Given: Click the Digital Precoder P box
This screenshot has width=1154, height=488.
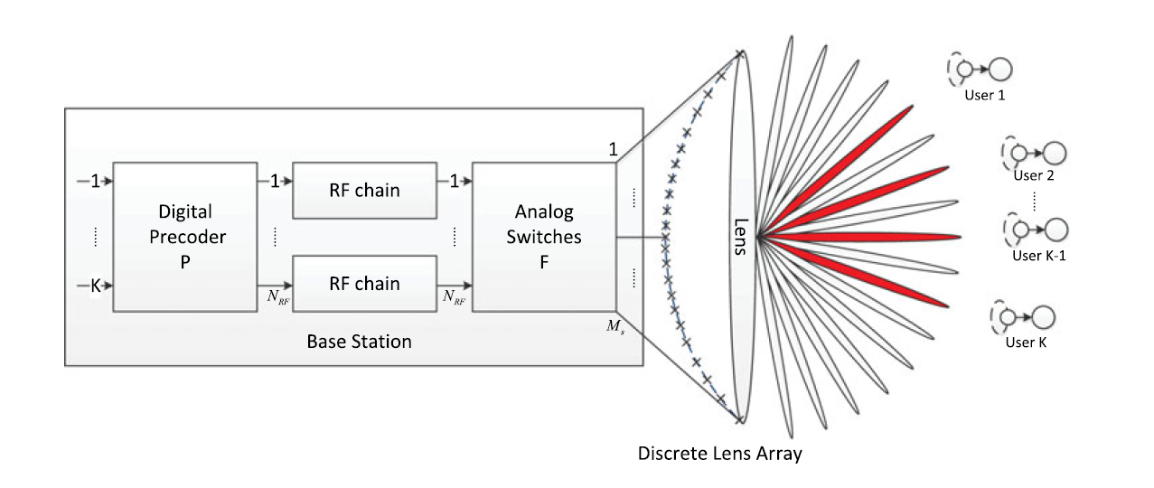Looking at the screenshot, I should coord(184,237).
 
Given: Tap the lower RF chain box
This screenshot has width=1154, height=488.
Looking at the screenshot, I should coord(363,283).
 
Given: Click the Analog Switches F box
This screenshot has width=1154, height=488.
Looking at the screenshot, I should coord(543,237).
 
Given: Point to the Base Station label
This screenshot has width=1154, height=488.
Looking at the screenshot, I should coord(359,342).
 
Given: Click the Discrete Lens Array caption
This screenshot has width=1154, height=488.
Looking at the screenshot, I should coord(719,454).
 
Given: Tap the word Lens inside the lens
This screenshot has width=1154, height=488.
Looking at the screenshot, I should coord(739,237).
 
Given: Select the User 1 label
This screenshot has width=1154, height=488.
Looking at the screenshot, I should coord(986,94).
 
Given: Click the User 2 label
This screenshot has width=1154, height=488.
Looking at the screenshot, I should coord(1034,175).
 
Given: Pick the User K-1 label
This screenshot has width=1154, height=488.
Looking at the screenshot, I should coord(1039,255).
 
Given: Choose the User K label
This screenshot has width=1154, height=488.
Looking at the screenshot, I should coord(1026,343).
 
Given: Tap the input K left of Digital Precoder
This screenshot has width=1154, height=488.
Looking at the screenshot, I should coord(95,286).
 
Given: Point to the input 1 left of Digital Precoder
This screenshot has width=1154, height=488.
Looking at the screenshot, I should coord(95,182).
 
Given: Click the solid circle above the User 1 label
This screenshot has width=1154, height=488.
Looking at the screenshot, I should coord(1000,69).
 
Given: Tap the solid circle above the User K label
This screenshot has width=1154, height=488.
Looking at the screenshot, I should coord(1044,317).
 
